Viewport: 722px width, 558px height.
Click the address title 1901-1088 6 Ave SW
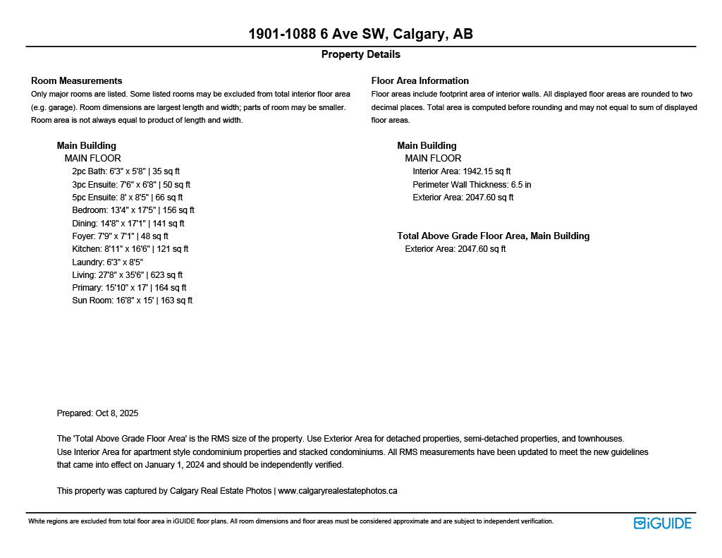(360, 35)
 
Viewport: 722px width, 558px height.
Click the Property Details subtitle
(360, 54)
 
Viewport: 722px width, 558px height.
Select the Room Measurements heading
(76, 80)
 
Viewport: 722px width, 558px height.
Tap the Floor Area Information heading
(420, 80)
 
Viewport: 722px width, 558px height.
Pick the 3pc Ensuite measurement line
(130, 184)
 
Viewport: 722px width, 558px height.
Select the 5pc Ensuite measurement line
(127, 198)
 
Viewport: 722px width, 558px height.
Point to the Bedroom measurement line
(133, 210)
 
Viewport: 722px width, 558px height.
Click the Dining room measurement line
(128, 224)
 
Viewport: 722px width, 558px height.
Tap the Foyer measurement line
(120, 236)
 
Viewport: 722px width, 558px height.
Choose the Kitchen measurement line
(130, 249)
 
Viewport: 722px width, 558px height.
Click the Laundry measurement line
(107, 262)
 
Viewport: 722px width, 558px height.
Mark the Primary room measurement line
(129, 288)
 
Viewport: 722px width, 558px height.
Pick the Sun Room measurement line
(132, 301)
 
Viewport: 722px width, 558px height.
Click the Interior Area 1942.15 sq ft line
(461, 171)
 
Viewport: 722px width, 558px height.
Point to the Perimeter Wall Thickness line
(472, 184)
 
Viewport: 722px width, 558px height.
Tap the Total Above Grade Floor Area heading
(493, 236)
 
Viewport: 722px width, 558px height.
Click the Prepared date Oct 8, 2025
(97, 413)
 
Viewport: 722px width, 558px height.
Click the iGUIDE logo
(662, 523)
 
